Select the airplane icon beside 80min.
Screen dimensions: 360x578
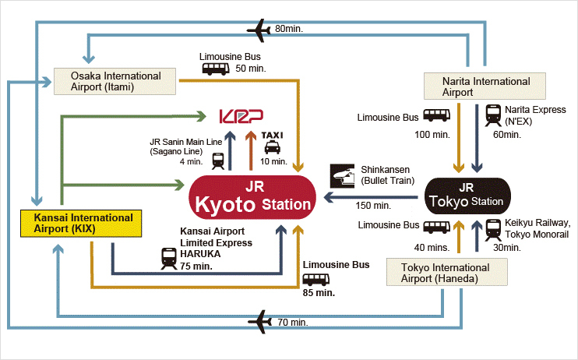(x=258, y=30)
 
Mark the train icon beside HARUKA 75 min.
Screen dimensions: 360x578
(x=168, y=257)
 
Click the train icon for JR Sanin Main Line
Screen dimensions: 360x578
(x=218, y=161)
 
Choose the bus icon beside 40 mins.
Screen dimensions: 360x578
(x=435, y=229)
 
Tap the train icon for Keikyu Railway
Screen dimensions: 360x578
(x=493, y=228)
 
